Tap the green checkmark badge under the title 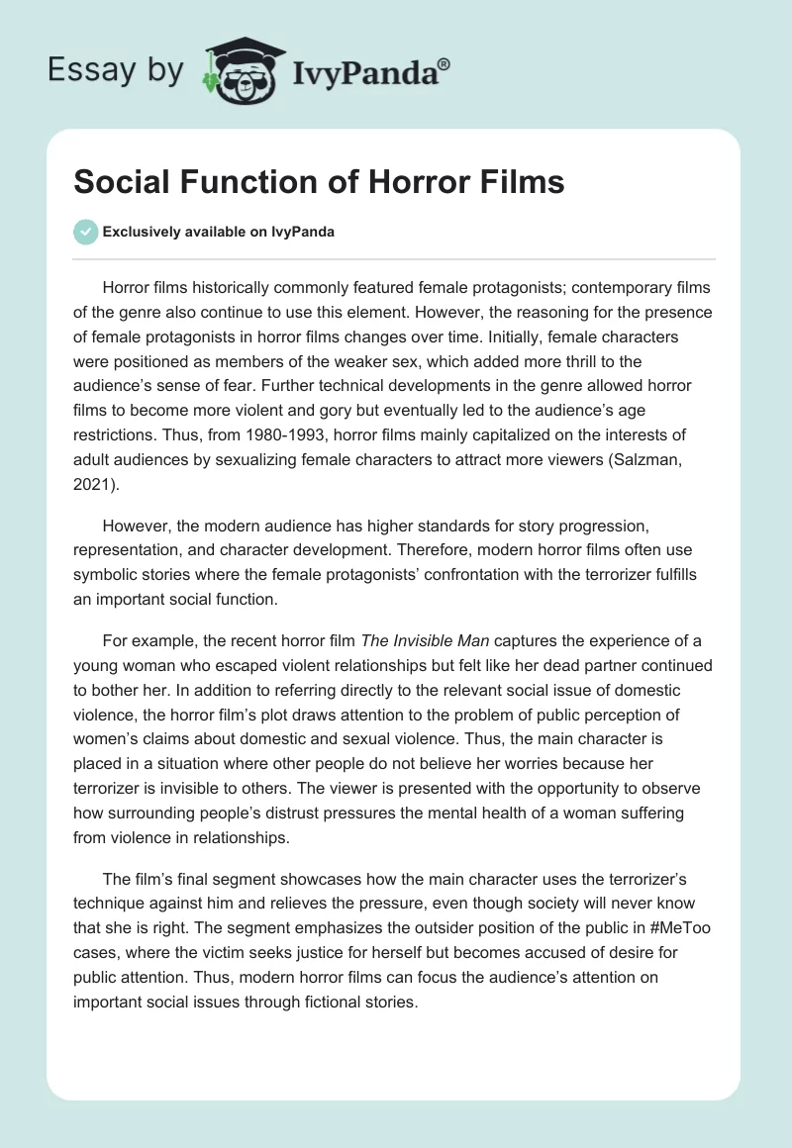click(x=85, y=232)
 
